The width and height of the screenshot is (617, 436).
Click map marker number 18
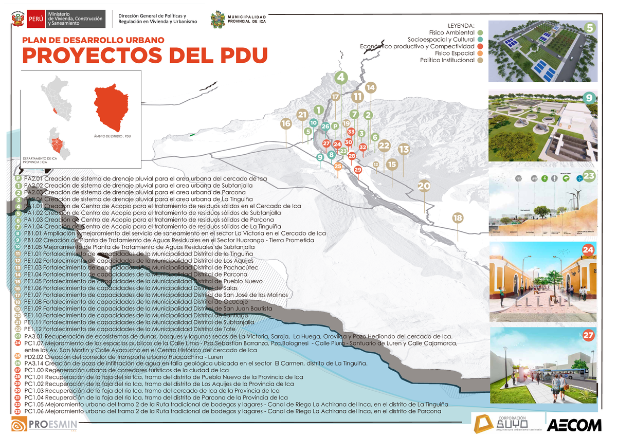click(458, 218)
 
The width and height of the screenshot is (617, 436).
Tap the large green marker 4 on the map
click(340, 78)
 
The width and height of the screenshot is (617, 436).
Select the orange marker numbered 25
click(338, 166)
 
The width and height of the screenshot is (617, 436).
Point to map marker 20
click(424, 186)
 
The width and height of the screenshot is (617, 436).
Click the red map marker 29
click(358, 169)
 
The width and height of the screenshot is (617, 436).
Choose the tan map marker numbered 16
click(286, 123)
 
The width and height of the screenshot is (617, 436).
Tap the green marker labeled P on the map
click(335, 126)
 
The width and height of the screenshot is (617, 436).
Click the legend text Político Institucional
click(447, 60)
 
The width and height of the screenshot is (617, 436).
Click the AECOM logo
click(574, 424)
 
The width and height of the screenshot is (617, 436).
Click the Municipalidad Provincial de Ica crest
click(218, 20)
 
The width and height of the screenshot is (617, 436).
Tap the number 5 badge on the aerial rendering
click(590, 28)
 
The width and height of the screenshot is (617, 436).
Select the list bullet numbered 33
click(18, 411)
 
